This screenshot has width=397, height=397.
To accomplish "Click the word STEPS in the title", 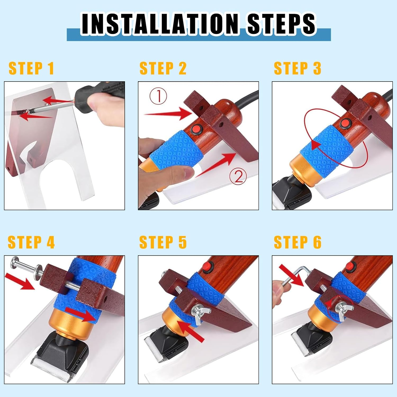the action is pos(281,24).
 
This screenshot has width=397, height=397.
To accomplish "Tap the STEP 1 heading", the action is pos(31,68).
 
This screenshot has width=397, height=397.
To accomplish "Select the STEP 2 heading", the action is pos(163,68).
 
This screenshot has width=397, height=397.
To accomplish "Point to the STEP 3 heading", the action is pos(297,68).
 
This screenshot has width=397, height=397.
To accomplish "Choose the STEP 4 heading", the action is pos(31,242).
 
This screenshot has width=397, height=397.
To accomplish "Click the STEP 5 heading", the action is pos(163,242).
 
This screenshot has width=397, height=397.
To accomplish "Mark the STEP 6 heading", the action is pos(297,242).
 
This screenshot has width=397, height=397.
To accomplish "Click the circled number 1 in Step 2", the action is pos(159,96).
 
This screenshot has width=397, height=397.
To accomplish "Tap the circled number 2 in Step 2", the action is pos(238,177).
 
